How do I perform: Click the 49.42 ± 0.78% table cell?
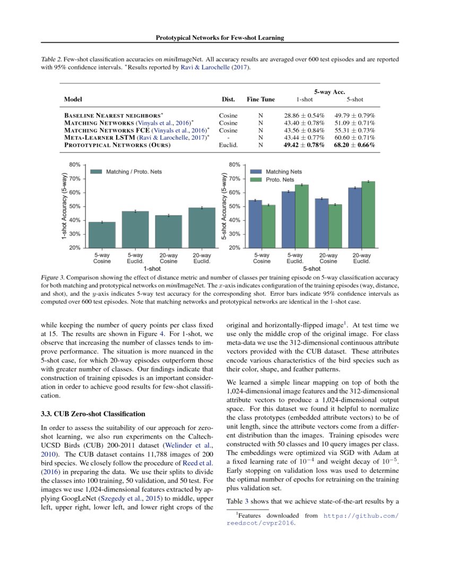click(x=304, y=145)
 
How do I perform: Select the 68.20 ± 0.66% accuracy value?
click(x=354, y=145)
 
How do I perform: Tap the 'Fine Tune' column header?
click(x=261, y=99)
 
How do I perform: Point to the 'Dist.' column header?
click(x=228, y=99)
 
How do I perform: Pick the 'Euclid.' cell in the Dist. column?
click(x=228, y=145)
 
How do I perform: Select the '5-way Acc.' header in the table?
click(x=329, y=92)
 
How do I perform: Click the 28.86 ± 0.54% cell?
click(x=304, y=115)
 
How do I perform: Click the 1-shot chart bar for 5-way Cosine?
click(x=102, y=235)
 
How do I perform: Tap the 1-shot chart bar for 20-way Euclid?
click(x=202, y=227)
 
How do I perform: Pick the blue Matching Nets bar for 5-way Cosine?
click(x=255, y=224)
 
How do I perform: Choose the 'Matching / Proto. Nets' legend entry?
click(x=126, y=172)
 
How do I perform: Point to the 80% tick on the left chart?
click(x=74, y=165)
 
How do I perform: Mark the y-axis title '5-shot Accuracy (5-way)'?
click(x=224, y=206)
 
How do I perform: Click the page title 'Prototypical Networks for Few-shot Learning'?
click(x=220, y=38)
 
